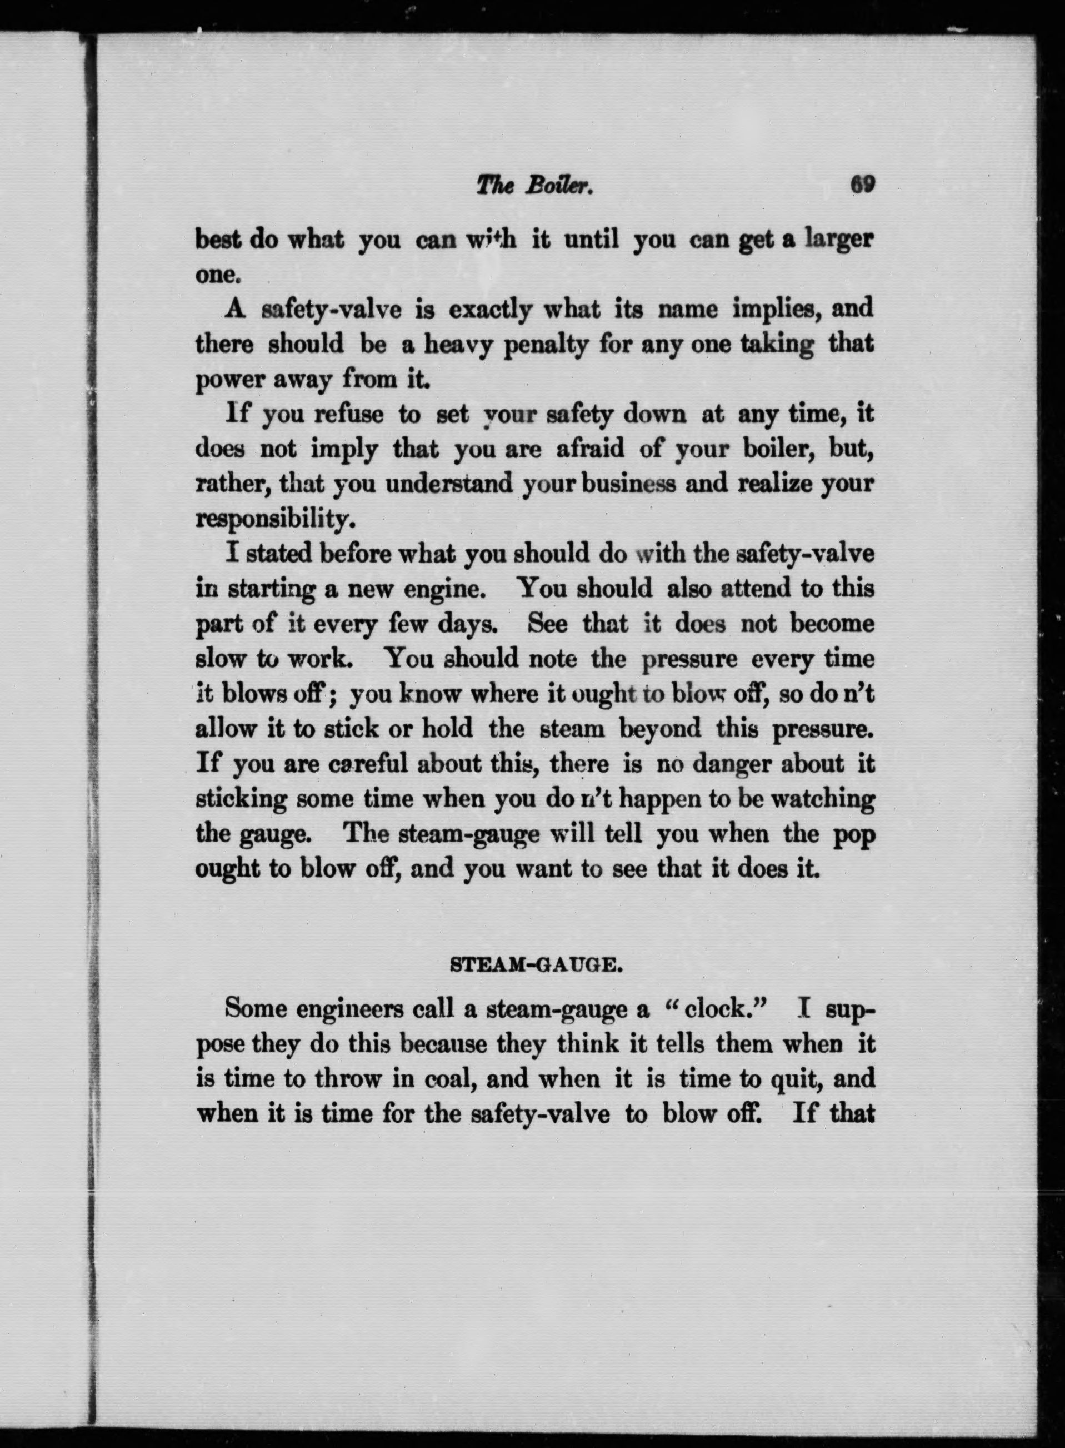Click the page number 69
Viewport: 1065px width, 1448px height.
tap(862, 186)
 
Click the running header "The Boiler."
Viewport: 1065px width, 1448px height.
tap(534, 186)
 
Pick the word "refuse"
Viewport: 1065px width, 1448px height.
tap(349, 414)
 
